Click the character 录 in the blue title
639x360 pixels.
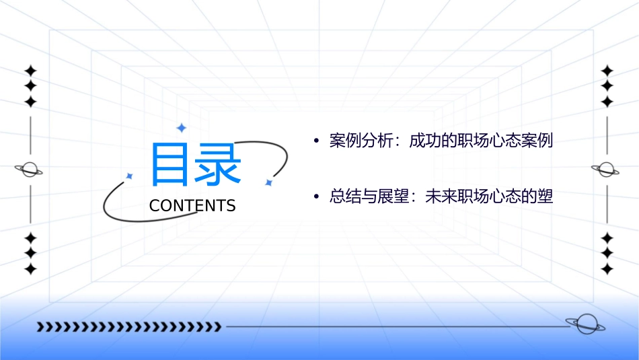tap(217, 164)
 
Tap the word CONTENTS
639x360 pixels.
tap(192, 206)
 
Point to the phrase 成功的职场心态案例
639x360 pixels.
tap(481, 141)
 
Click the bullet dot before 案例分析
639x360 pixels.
tap(315, 142)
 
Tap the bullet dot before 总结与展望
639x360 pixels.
tap(315, 197)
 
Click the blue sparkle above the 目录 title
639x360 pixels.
tap(180, 128)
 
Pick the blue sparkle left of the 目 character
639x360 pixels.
tap(130, 176)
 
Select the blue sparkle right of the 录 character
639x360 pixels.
tap(268, 182)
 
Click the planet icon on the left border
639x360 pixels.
tap(30, 170)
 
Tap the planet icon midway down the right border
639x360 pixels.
tap(606, 170)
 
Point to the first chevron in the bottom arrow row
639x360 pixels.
tap(40, 327)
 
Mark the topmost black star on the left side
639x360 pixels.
tap(30, 70)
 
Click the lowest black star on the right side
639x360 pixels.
tap(607, 269)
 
